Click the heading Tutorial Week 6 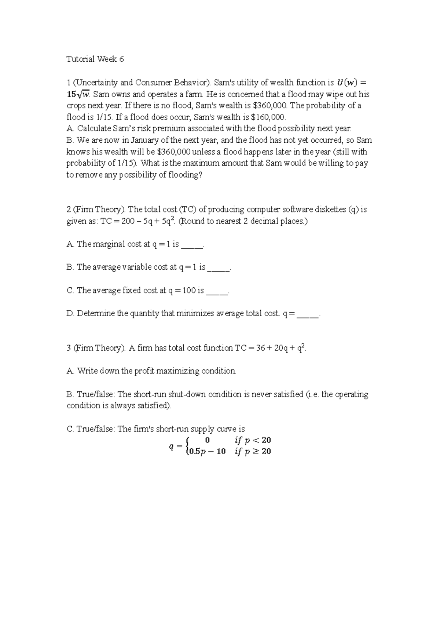point(95,59)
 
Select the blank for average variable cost point(219,268)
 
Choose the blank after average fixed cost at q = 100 point(217,291)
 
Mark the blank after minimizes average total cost point(308,314)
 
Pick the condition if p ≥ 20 point(253,452)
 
